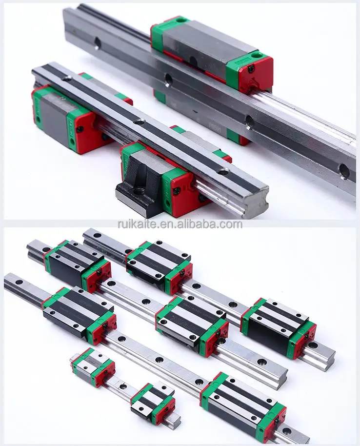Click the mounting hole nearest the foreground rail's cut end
click(x=223, y=172)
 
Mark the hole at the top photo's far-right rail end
click(x=344, y=171)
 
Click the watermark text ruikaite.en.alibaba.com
click(x=180, y=224)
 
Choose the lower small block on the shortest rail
click(x=153, y=403)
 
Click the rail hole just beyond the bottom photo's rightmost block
click(x=313, y=345)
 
